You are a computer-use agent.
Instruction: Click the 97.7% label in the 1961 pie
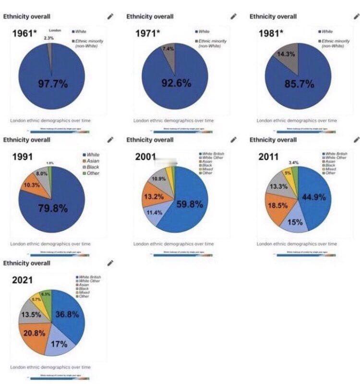click(52, 85)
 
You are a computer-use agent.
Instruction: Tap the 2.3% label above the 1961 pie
click(48, 38)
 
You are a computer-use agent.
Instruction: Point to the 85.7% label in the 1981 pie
click(299, 84)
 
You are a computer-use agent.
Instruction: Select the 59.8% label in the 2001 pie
click(190, 204)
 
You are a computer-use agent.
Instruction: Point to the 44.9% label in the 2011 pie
click(314, 197)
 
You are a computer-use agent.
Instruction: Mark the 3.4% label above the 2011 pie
click(294, 163)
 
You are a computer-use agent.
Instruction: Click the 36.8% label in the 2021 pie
click(67, 314)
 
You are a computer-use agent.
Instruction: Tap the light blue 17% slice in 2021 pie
click(60, 344)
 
